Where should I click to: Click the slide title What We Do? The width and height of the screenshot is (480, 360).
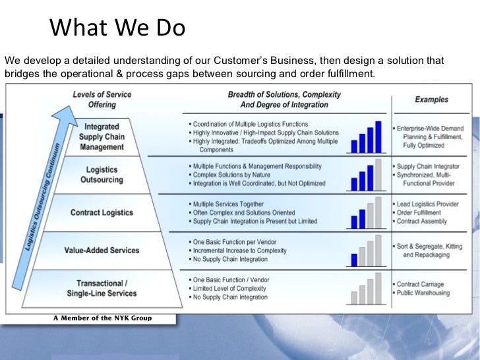(117, 28)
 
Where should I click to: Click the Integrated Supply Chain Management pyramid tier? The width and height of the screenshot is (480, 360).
(102, 136)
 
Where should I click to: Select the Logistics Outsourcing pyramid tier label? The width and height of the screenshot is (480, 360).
(102, 175)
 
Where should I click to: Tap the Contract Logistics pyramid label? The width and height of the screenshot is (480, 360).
(102, 212)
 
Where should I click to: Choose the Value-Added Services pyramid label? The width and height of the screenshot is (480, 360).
(102, 250)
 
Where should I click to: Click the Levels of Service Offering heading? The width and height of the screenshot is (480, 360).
(102, 99)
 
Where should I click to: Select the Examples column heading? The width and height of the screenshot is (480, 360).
(431, 100)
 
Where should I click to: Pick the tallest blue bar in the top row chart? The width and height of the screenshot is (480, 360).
(378, 136)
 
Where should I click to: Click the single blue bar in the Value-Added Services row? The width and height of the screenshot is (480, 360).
(354, 259)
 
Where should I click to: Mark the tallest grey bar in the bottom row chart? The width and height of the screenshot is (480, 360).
(378, 288)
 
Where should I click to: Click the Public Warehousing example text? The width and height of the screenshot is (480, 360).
(423, 293)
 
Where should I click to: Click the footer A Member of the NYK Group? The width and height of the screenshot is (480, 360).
(102, 318)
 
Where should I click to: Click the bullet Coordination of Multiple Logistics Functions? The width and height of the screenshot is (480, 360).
(250, 124)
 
